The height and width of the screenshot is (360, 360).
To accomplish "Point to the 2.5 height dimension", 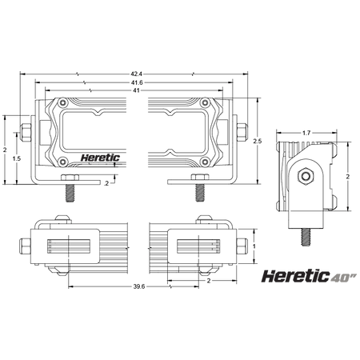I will pyautogui.click(x=257, y=142).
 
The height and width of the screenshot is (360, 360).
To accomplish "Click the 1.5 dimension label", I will pyautogui.click(x=17, y=158).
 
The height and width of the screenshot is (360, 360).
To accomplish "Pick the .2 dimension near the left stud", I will pyautogui.click(x=106, y=183).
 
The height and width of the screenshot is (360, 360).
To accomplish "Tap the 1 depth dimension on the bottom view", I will pyautogui.click(x=254, y=246).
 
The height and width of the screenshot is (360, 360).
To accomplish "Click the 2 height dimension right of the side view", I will pyautogui.click(x=347, y=175).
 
